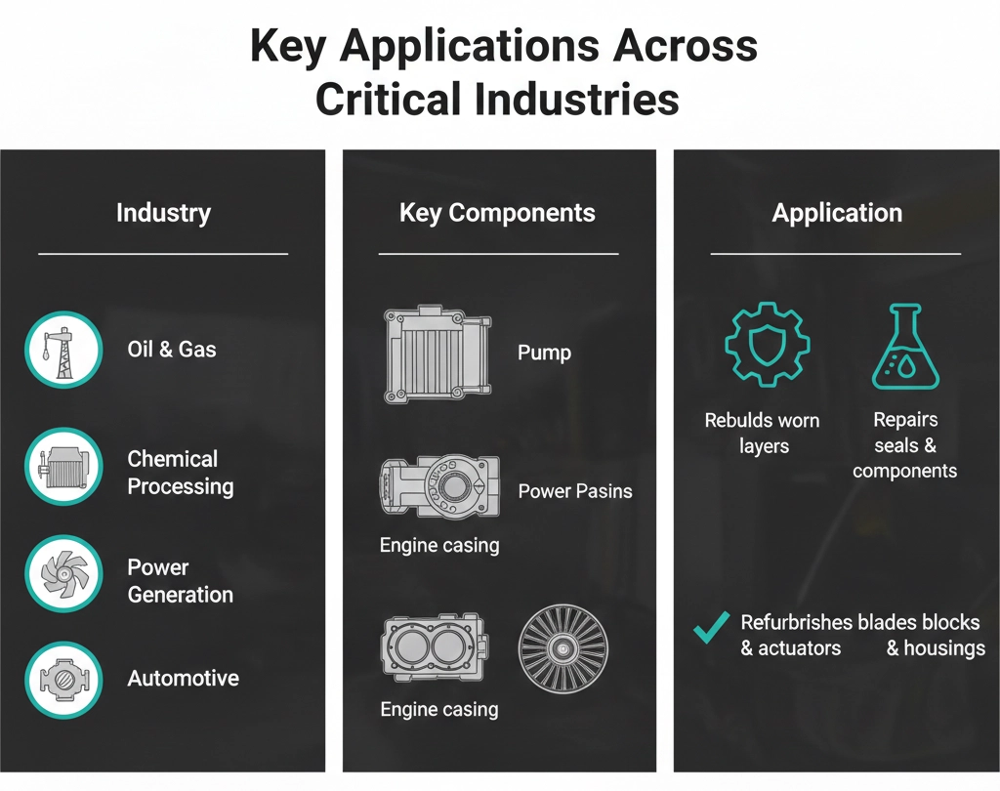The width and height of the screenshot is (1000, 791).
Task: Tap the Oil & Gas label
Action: pos(172,349)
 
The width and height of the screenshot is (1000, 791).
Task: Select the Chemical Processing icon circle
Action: pos(63,467)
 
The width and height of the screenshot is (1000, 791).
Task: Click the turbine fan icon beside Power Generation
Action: pos(63,573)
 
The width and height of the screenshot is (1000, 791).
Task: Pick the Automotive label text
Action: pos(183,678)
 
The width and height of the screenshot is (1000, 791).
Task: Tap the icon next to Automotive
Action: pos(63,680)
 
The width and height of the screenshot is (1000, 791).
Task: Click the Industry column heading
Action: pos(163,213)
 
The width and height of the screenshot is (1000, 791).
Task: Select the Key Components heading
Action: pos(497,213)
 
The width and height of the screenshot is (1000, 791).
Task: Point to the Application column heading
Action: pos(837,213)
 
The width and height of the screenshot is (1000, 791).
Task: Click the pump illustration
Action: pos(437,354)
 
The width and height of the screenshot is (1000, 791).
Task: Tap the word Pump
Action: pos(544,353)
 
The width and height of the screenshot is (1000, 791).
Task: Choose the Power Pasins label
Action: pos(575,491)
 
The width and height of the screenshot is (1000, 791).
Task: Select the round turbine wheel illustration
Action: pos(563,648)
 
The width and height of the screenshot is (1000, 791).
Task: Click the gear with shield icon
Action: pos(768,344)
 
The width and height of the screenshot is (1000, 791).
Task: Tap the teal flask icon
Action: pos(905,347)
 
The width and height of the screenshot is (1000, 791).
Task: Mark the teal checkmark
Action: pos(711,627)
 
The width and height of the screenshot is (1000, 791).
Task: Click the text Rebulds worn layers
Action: pos(762,434)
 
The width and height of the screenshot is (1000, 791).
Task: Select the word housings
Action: pos(944,648)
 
